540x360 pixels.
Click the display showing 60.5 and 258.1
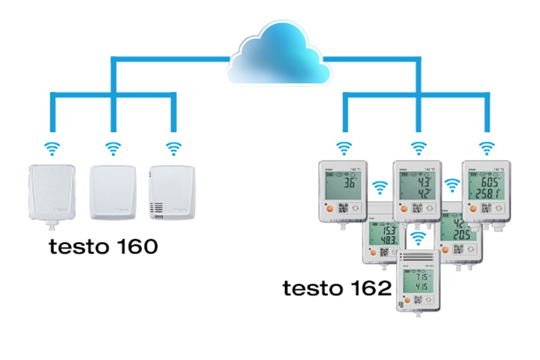click(487, 186)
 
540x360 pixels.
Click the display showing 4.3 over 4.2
click(418, 185)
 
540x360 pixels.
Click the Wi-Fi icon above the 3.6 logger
click(343, 147)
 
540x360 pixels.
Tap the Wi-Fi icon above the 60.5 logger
click(487, 147)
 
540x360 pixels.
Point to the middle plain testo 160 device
click(112, 193)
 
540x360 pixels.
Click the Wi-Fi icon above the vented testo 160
click(173, 147)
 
